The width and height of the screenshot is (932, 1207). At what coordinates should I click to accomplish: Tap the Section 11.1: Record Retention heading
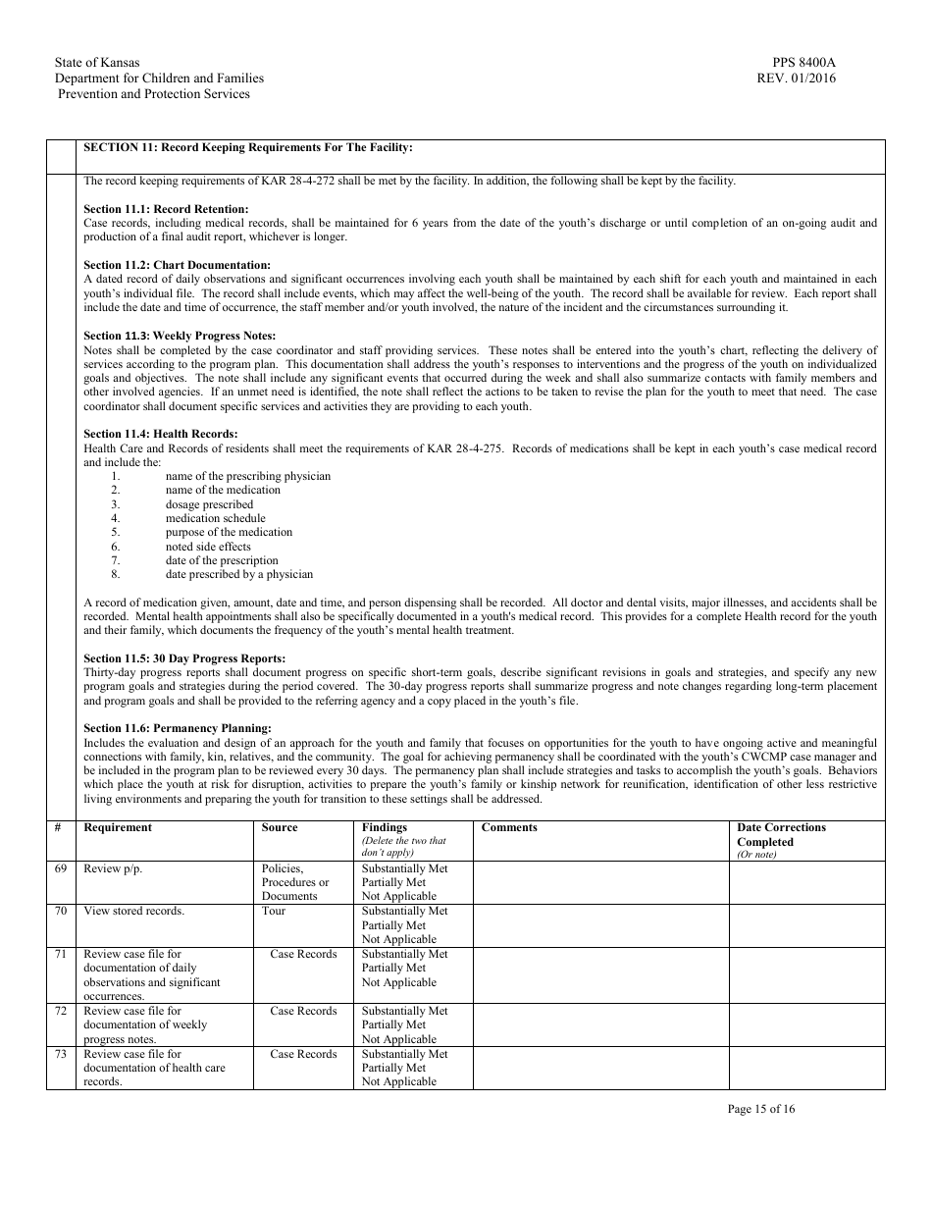(166, 209)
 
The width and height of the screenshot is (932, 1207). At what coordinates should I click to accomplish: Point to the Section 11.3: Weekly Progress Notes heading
(180, 336)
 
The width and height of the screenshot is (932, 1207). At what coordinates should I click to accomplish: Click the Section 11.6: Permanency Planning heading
(177, 728)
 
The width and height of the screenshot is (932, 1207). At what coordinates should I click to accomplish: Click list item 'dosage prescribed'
(209, 504)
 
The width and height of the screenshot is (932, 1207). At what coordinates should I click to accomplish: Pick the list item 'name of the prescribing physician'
(247, 476)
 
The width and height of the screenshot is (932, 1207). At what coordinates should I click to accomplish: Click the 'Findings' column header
(384, 827)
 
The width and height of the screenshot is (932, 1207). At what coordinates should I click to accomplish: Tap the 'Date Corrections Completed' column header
(781, 835)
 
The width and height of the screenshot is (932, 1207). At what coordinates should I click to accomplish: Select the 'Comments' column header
(509, 827)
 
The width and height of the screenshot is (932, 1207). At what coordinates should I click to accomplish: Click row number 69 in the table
(61, 868)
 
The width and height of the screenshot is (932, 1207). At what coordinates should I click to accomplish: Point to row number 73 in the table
(61, 1054)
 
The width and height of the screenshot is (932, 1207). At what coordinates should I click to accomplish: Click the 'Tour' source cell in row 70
(274, 911)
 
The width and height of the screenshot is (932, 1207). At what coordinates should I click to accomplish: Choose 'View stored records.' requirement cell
(133, 911)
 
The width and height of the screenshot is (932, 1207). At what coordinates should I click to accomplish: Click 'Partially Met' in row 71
(393, 968)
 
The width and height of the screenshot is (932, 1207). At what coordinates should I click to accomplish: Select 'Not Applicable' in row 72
(398, 1039)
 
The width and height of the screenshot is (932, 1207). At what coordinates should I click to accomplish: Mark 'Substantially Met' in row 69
(404, 868)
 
